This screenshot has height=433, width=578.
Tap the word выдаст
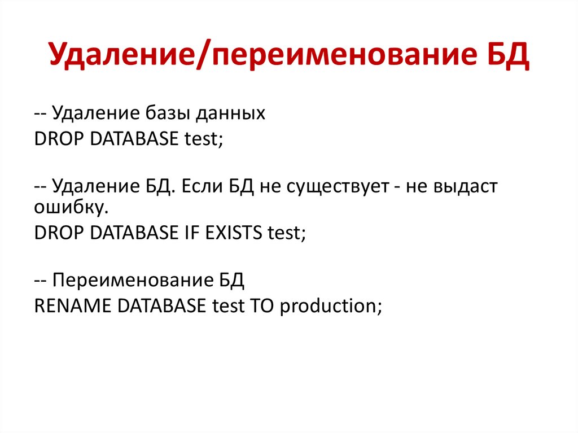click(466, 187)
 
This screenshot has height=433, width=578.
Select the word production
click(331, 305)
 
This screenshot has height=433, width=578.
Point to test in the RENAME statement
click(226, 305)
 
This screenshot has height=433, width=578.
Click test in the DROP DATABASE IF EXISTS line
click(286, 232)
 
